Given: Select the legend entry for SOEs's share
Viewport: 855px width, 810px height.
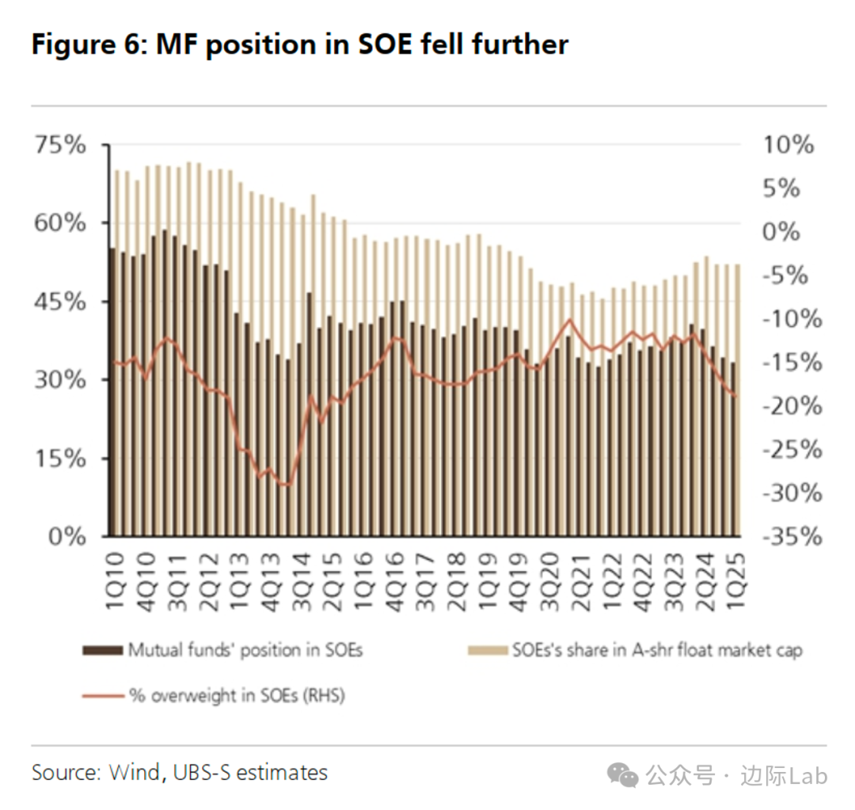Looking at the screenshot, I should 656,651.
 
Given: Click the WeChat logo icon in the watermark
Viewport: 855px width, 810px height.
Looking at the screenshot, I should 627,776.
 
